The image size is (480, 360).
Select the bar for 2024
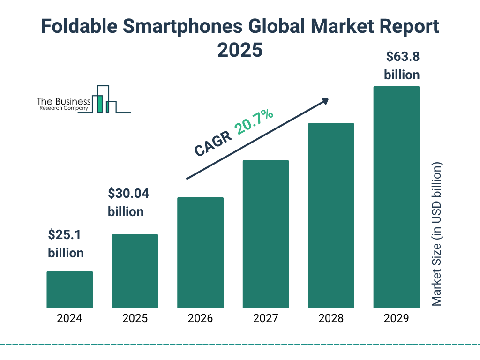pos(69,290)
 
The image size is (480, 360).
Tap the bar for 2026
pos(200,253)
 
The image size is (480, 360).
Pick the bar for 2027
pos(265,234)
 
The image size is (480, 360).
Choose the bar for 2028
pos(331,216)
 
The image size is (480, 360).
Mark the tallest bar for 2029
pos(396,197)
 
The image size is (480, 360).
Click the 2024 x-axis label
pos(69,319)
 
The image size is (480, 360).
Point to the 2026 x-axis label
pos(200,319)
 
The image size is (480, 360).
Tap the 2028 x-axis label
pos(331,319)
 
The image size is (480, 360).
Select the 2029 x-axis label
pos(396,319)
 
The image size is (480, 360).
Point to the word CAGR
pos(213,143)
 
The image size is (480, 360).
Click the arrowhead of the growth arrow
pos(325,101)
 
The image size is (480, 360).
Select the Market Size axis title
pos(437,234)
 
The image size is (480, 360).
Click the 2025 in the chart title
pos(240,50)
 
